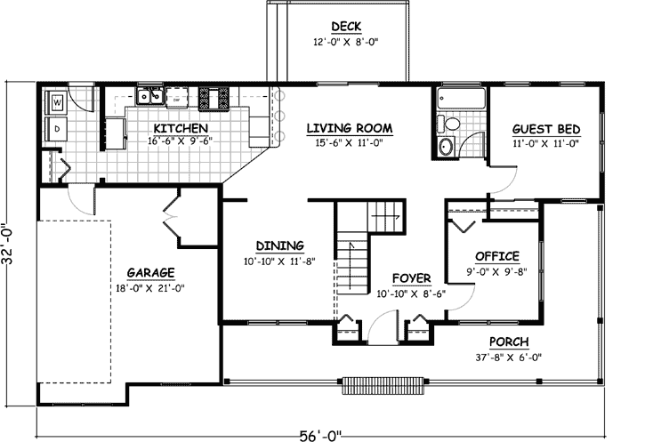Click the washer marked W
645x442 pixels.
[x=58, y=102]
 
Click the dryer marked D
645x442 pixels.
[x=58, y=129]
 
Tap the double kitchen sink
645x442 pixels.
[x=149, y=96]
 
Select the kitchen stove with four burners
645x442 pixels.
[x=214, y=96]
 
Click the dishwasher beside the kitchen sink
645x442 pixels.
[x=177, y=96]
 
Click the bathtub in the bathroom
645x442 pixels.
[x=460, y=98]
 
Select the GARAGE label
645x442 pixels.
[x=149, y=272]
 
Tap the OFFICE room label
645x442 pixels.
[x=496, y=257]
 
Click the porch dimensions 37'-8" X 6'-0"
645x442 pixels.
[x=509, y=358]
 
